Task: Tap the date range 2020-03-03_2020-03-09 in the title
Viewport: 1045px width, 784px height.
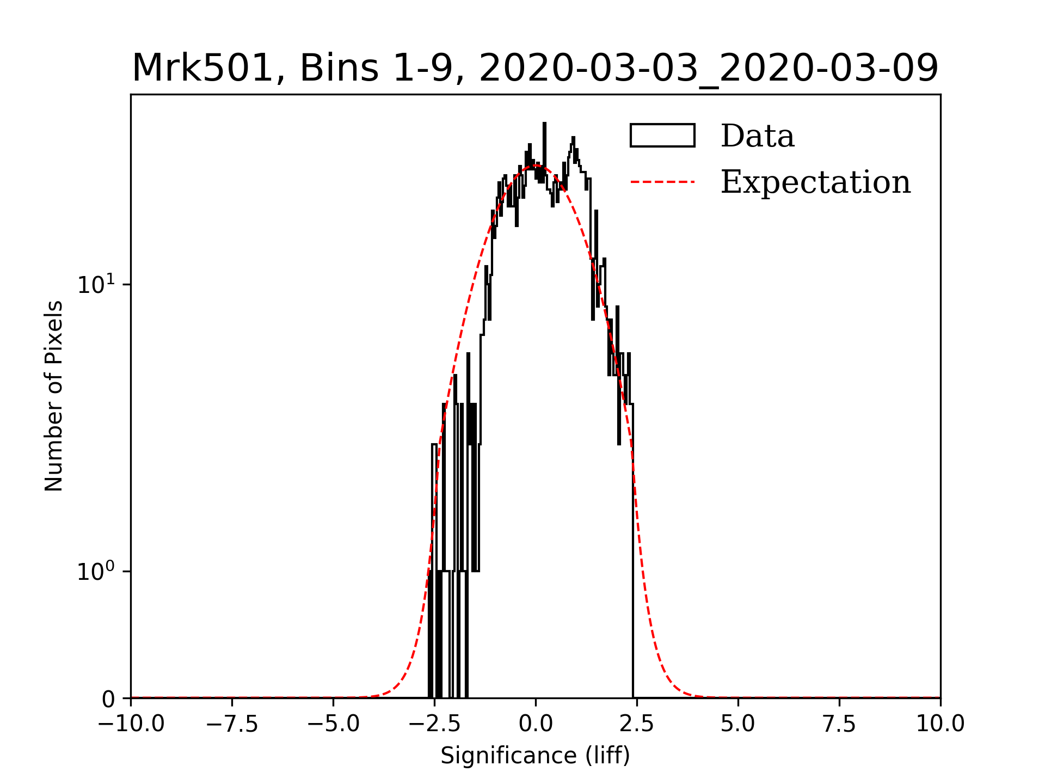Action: [x=709, y=69]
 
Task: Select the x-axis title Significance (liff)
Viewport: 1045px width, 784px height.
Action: [x=535, y=756]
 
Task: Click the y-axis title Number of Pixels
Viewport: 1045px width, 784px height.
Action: [x=54, y=396]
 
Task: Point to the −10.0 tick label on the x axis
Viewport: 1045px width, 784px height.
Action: [x=131, y=724]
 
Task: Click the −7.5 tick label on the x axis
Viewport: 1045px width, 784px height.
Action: [x=232, y=724]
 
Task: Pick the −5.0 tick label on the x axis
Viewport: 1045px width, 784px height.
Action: [x=334, y=724]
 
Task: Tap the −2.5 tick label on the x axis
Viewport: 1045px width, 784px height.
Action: [x=434, y=724]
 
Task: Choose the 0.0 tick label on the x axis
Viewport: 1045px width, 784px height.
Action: [x=536, y=724]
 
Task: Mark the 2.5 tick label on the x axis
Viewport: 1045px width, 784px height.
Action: [x=637, y=724]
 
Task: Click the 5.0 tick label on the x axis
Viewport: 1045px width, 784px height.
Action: [x=738, y=724]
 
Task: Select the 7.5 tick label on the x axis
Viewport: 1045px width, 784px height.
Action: [x=839, y=724]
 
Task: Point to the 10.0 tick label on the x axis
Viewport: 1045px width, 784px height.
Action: [x=940, y=724]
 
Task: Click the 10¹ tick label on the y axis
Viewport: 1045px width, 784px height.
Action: [x=96, y=285]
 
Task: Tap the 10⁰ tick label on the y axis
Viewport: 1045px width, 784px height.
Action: [x=96, y=572]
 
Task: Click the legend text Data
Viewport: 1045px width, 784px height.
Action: [x=758, y=136]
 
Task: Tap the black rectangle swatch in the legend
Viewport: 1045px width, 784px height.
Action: [x=662, y=136]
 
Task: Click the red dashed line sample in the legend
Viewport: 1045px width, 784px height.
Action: [x=662, y=182]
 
